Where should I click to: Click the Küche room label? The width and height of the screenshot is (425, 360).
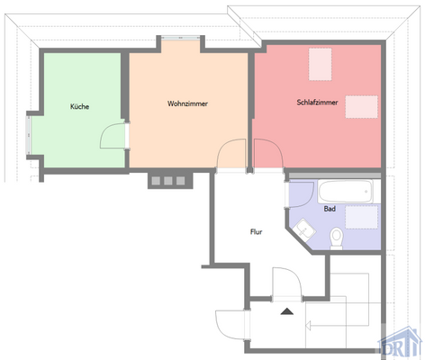point(79,107)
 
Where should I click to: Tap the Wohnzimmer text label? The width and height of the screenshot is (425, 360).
point(187,103)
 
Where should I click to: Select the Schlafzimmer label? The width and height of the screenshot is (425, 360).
point(317,103)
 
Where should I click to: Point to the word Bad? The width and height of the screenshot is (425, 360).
point(330,209)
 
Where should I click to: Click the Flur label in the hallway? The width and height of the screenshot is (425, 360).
point(256,231)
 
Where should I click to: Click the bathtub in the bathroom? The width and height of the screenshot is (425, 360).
point(343,191)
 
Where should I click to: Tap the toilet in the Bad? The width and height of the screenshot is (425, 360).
point(338,237)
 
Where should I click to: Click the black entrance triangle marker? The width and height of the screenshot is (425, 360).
point(287,310)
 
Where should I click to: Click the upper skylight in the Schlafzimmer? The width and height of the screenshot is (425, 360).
point(321,62)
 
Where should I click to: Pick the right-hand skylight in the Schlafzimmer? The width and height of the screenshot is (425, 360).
point(360,105)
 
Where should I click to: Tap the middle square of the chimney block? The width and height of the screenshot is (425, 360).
point(167,180)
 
